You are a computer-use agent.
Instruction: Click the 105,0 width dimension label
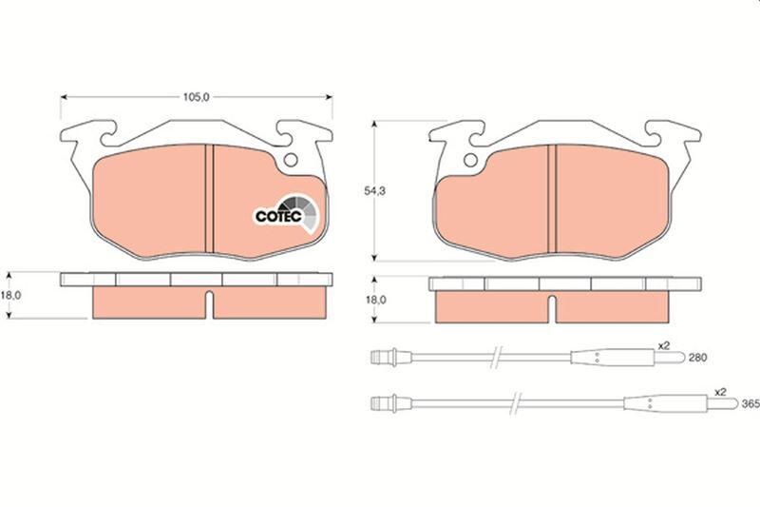pos(196,96)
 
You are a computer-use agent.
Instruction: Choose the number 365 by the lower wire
pos(750,404)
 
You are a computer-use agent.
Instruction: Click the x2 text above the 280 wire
pos(665,345)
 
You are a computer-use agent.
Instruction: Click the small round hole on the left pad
pos(292,161)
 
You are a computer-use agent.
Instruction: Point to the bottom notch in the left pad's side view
pos(208,306)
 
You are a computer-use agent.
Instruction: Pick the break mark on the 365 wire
pos(514,402)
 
